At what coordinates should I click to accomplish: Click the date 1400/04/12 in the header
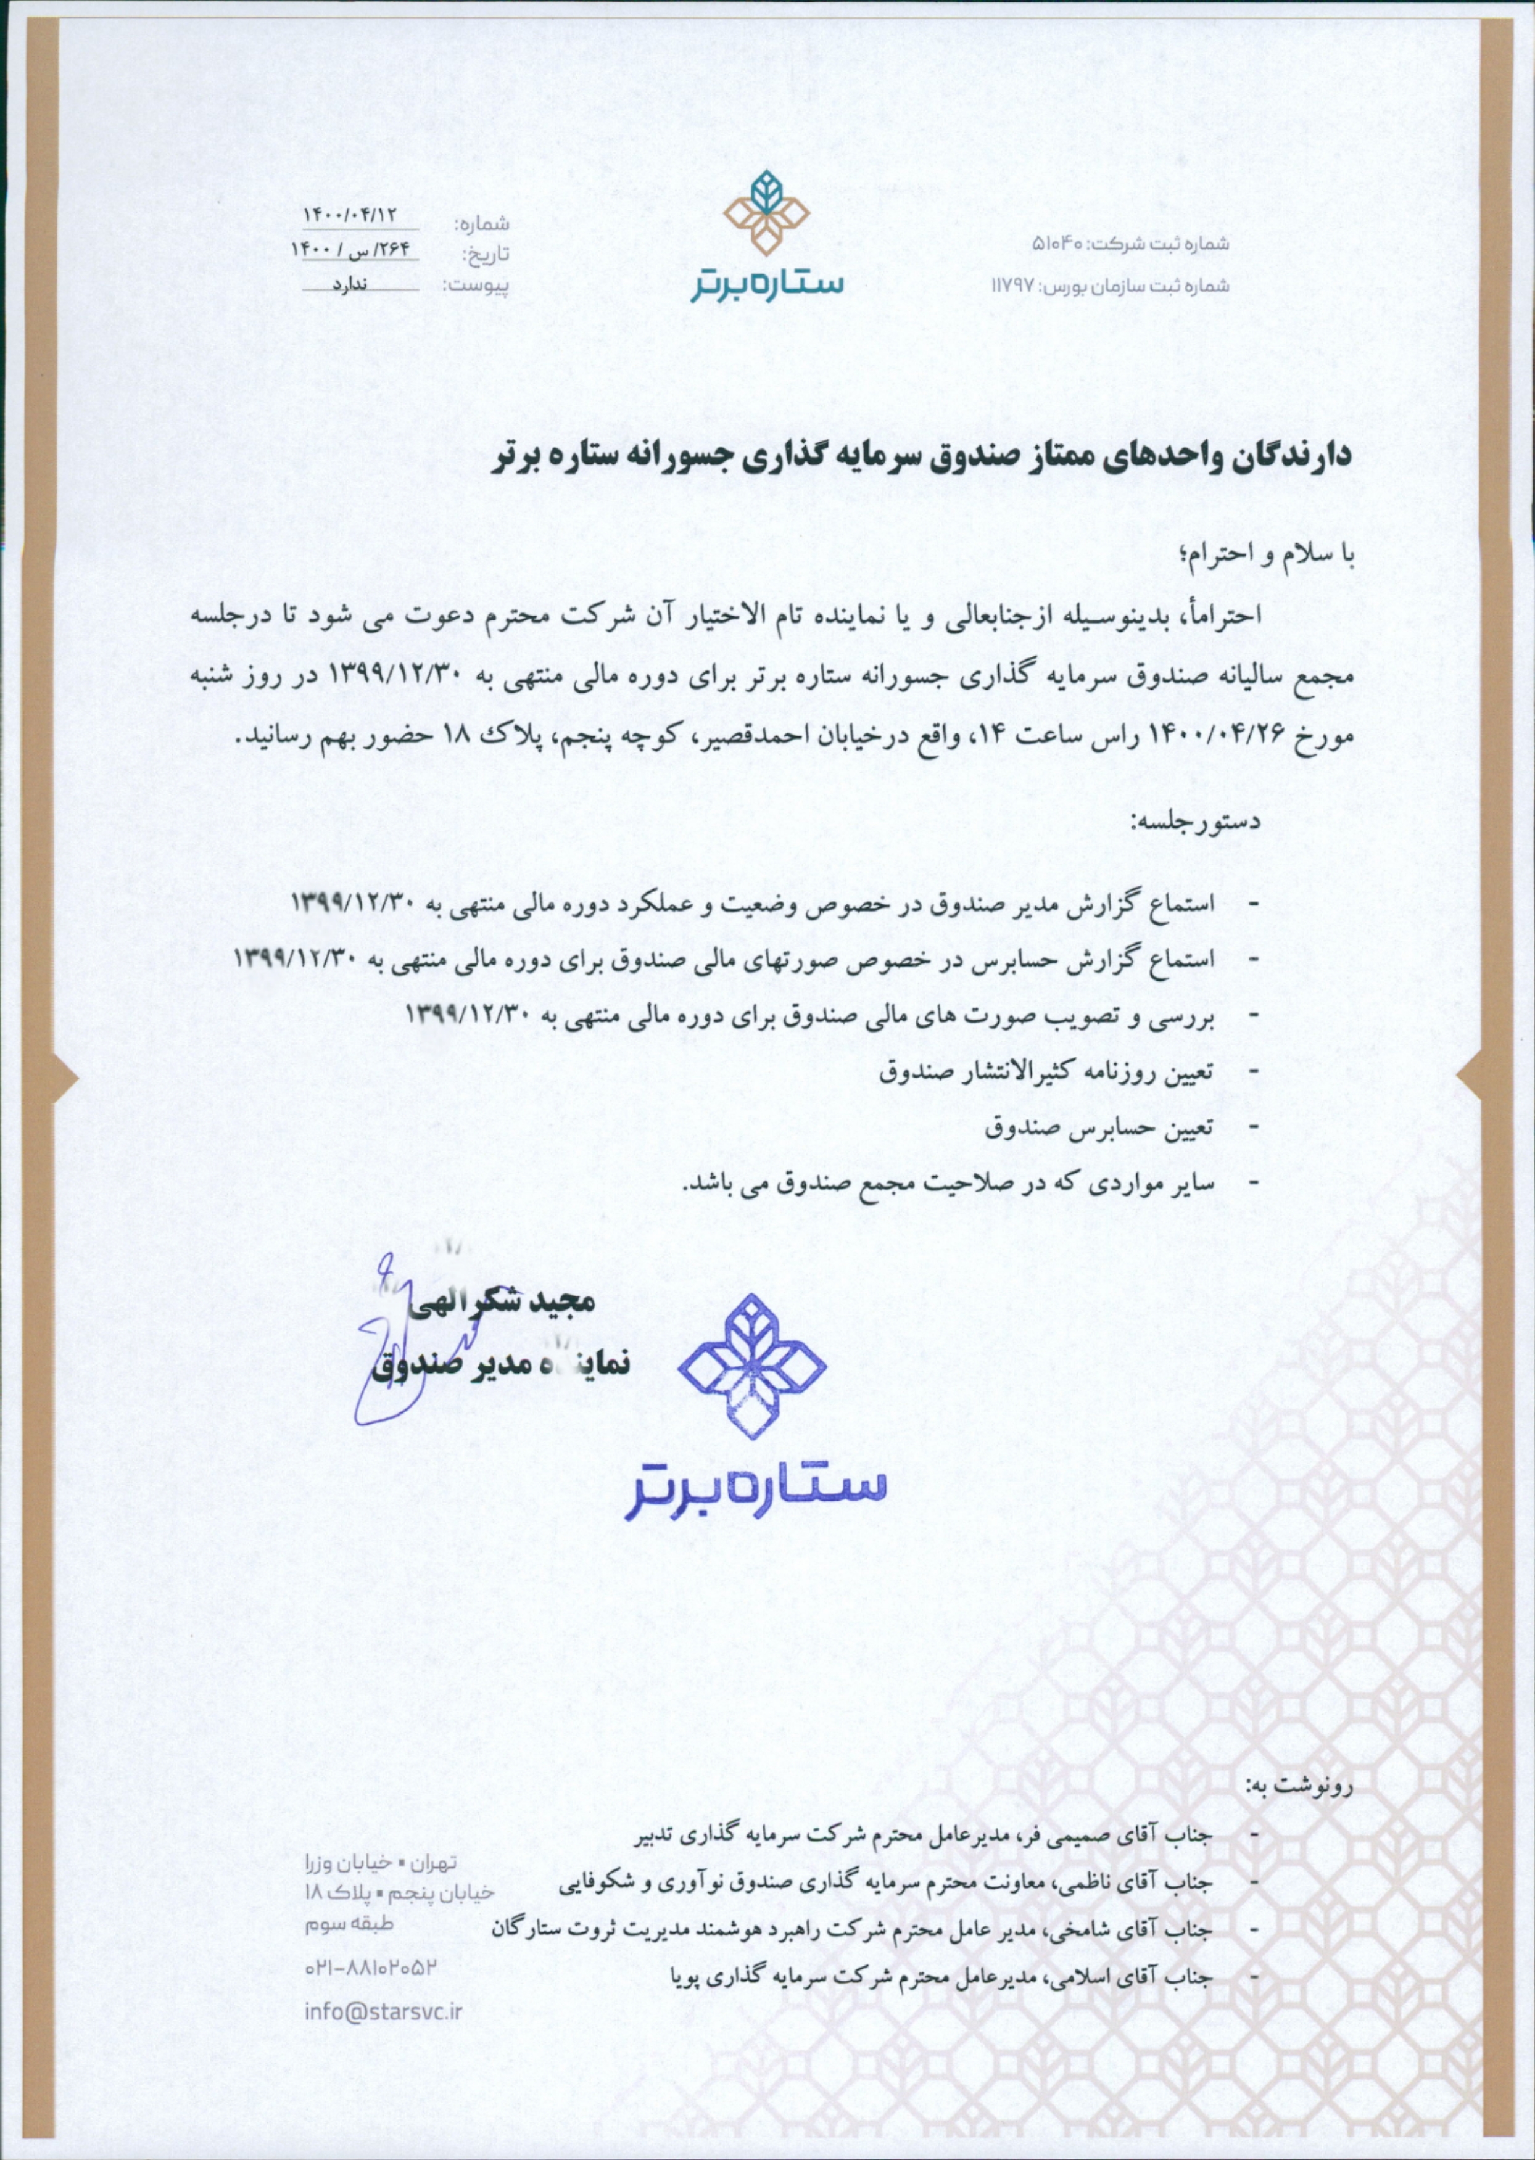347,215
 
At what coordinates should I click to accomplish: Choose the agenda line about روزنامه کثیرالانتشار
1047,1073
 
